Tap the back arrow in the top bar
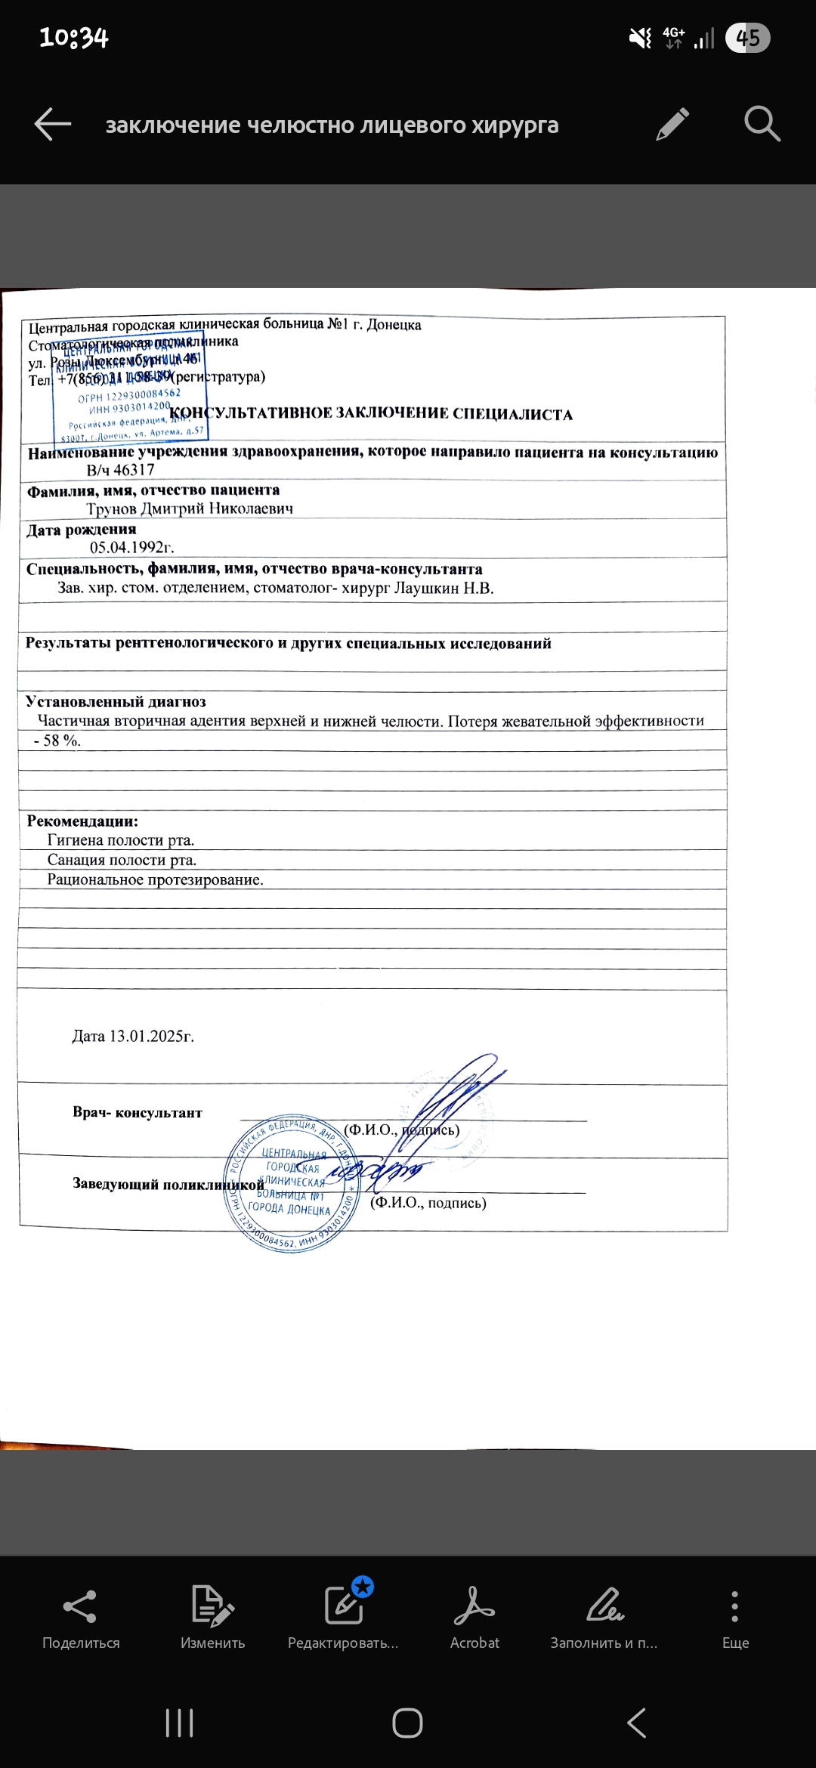(53, 125)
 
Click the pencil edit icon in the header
(672, 125)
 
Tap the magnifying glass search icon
(762, 125)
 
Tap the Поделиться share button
(81, 1616)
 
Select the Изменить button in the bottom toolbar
(212, 1616)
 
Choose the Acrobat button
(474, 1616)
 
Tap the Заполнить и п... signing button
(604, 1616)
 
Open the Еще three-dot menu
(735, 1616)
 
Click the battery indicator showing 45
(747, 38)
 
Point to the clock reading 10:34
(74, 38)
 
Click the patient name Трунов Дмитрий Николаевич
(190, 508)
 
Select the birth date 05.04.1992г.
(131, 547)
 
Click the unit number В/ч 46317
(121, 470)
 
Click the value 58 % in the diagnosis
(61, 740)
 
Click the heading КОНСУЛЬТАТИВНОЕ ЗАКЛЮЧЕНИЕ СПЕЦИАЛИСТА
(371, 414)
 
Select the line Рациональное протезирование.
(155, 879)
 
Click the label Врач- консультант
(138, 1112)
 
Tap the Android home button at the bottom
(407, 1723)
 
